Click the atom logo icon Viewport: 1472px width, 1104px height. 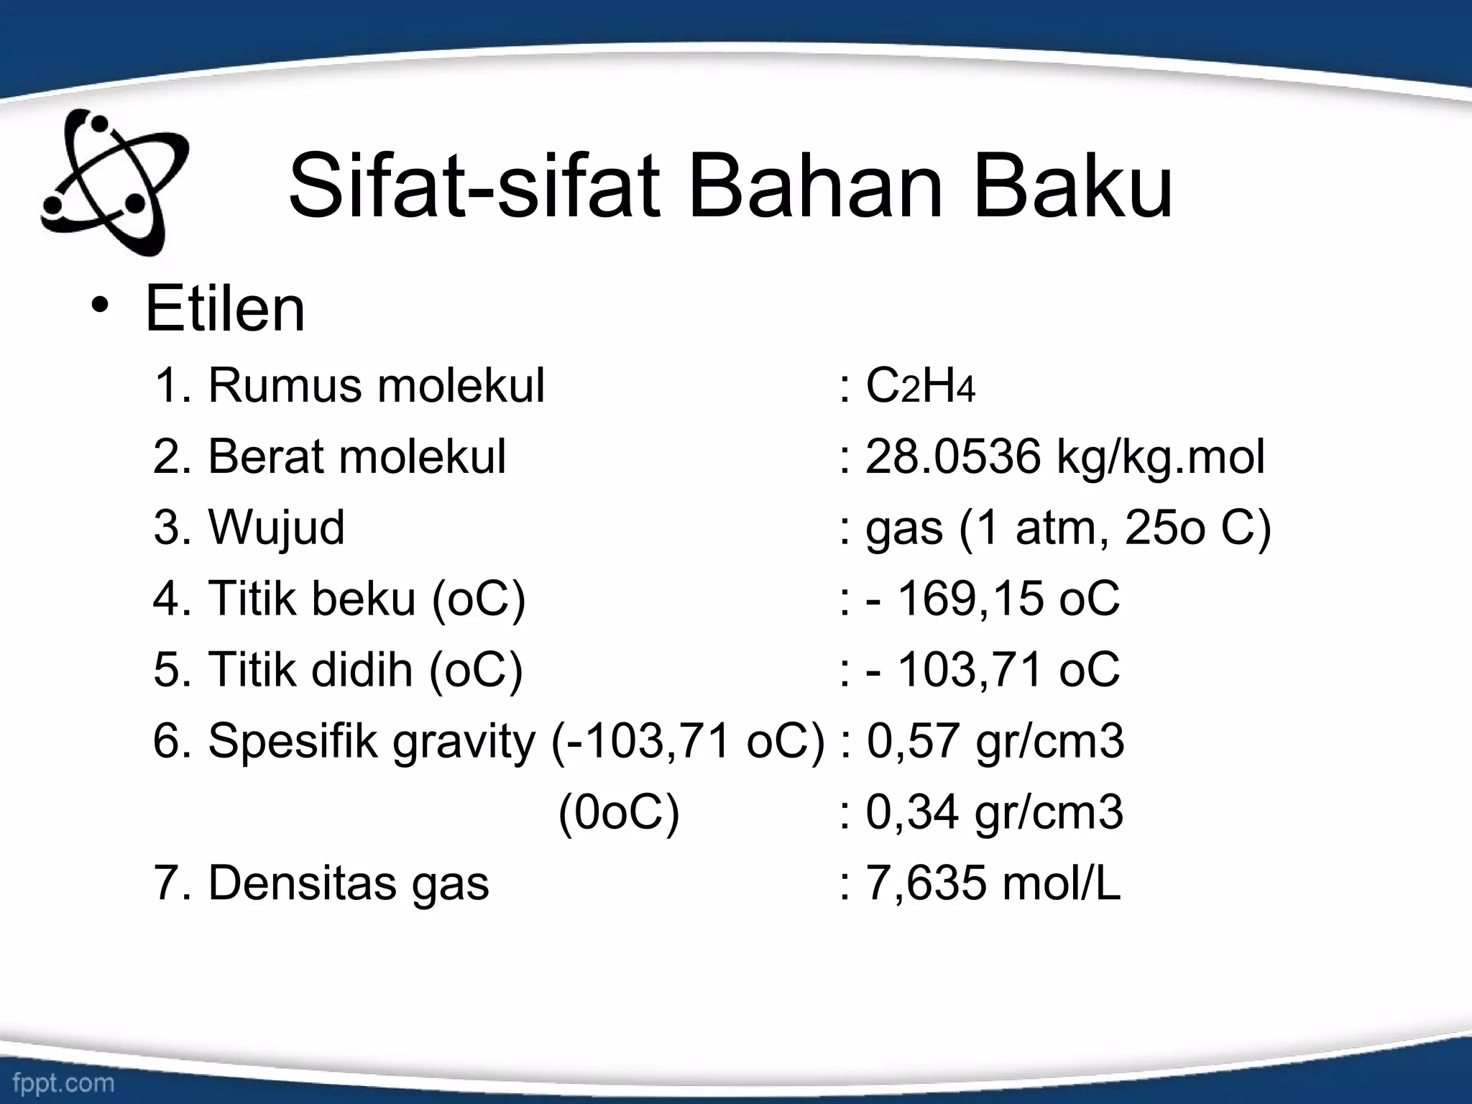point(115,183)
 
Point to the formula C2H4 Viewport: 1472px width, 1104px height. point(920,386)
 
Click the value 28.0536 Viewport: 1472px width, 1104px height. point(952,456)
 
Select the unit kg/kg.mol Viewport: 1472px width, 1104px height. point(1160,458)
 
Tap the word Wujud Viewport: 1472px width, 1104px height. point(276,528)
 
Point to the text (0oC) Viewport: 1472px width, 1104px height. point(619,813)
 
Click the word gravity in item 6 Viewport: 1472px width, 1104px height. point(464,742)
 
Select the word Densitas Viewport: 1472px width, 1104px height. point(302,883)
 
